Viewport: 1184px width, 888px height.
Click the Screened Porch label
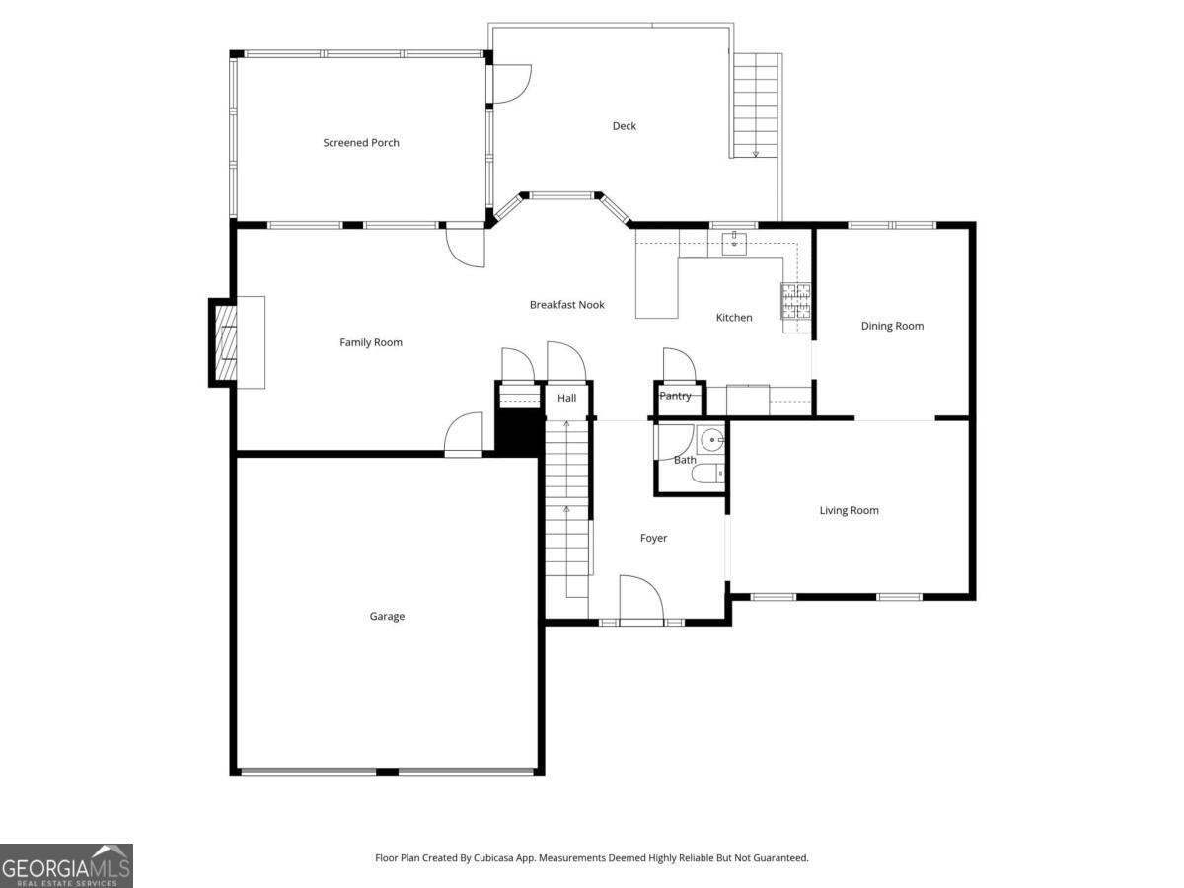click(x=361, y=143)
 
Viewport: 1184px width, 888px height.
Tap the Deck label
click(x=624, y=126)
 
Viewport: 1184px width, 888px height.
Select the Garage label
click(x=387, y=617)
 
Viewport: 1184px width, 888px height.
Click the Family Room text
click(x=371, y=343)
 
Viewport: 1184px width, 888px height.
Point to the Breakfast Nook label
click(x=566, y=305)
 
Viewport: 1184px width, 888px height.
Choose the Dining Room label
click(x=892, y=326)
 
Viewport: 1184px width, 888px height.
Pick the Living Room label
click(x=849, y=511)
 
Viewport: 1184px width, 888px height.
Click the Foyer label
click(x=653, y=539)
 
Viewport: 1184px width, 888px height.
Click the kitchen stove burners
click(x=796, y=302)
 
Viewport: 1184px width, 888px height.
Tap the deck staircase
click(x=756, y=105)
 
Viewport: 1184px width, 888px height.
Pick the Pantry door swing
click(x=679, y=365)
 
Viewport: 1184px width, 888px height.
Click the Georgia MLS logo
click(x=66, y=865)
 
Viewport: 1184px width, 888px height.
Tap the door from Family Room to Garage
click(x=464, y=435)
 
